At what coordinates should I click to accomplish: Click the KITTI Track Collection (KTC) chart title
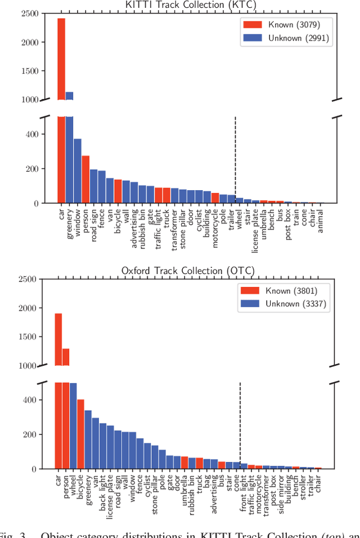188,5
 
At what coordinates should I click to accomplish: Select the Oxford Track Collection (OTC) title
188,271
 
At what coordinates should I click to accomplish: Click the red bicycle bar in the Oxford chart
80,434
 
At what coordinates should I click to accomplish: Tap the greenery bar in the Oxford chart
88,439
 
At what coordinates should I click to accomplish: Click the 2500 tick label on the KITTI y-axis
28,14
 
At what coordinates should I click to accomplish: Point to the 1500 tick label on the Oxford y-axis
28,337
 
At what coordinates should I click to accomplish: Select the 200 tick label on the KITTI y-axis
31,169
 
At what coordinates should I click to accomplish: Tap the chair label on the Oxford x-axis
318,485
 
